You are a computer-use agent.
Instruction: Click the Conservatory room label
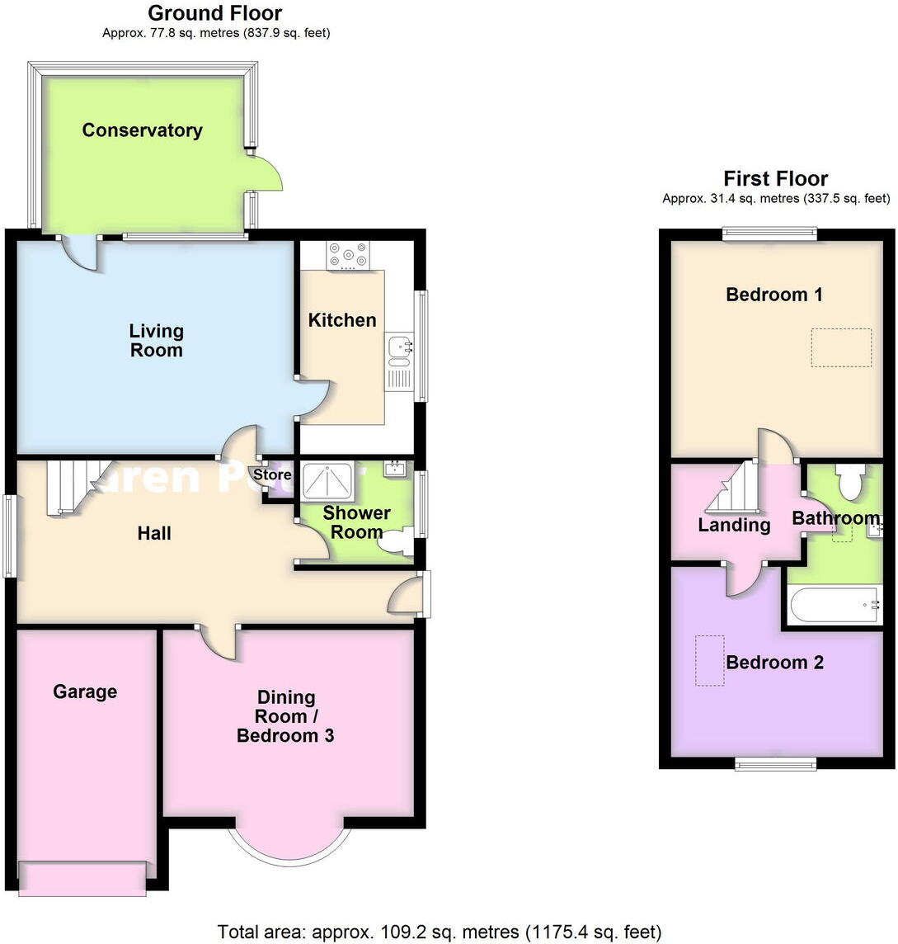pos(142,130)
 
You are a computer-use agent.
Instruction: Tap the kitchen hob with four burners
pos(349,255)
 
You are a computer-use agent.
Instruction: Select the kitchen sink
pos(398,350)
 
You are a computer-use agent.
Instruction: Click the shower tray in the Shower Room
pos(328,481)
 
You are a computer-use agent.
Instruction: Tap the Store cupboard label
pos(272,475)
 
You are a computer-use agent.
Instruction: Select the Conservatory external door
pos(268,172)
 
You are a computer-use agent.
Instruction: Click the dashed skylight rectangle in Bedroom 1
pos(841,347)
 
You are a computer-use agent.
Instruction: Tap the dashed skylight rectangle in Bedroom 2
pos(710,660)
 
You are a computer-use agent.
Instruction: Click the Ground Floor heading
pos(214,13)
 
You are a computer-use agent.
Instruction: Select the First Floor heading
pos(775,178)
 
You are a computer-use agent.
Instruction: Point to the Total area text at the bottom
pos(439,932)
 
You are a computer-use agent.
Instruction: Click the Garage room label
pos(85,691)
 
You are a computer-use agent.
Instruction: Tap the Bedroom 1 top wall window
pos(770,234)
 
